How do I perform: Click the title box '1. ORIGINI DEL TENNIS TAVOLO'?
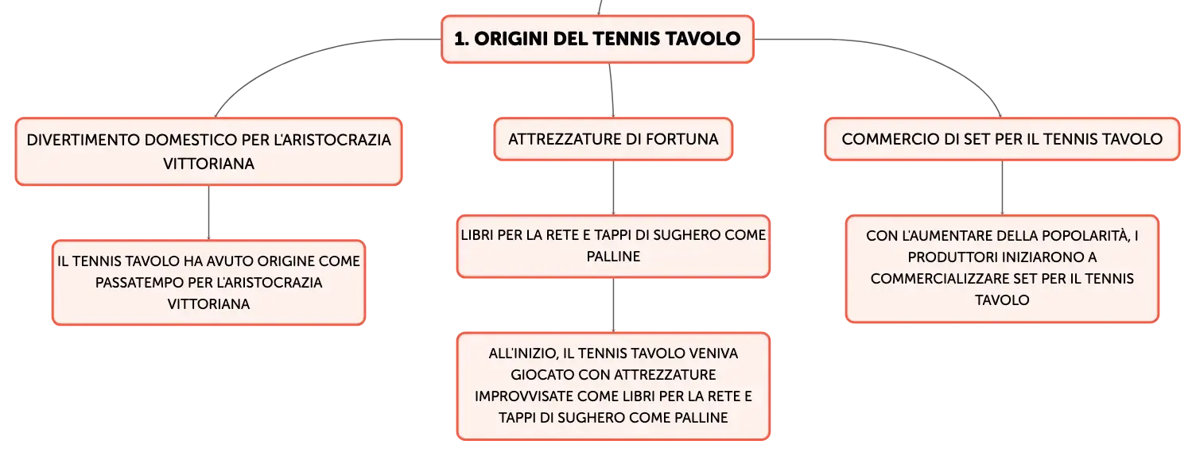[597, 39]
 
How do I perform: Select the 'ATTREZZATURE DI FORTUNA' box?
[613, 139]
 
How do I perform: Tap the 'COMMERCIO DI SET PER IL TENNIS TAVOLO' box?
[1002, 139]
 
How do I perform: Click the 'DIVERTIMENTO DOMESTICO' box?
[209, 152]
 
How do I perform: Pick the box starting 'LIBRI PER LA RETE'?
[613, 245]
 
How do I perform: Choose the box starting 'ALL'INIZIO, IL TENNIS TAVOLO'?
[613, 386]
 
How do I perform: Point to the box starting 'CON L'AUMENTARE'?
[1002, 269]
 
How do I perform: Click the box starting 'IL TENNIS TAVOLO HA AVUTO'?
[209, 282]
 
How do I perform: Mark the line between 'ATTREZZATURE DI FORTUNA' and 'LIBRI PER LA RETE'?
[613, 187]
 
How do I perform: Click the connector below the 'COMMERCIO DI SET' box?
[1002, 187]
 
